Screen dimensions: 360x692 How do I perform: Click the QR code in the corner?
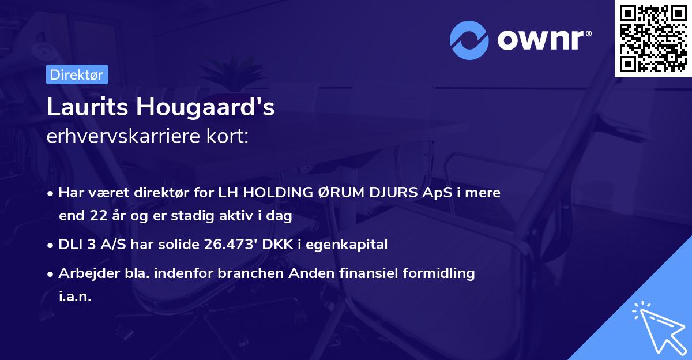click(653, 38)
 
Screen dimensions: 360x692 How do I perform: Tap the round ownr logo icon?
click(469, 40)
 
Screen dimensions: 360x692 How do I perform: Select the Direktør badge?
click(77, 74)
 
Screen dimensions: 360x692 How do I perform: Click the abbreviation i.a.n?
click(75, 297)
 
